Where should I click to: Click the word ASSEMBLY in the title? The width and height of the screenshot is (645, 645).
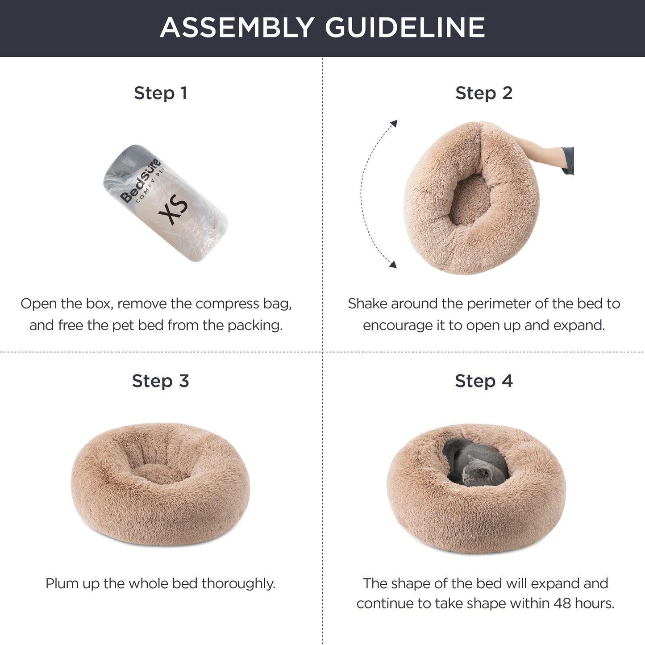[x=237, y=27]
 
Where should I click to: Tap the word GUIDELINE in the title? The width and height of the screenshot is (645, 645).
[x=405, y=27]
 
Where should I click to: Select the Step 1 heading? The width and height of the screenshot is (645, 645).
[x=160, y=93]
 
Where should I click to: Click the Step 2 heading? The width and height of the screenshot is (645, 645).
[x=484, y=93]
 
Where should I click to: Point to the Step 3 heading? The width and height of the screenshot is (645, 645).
[x=160, y=381]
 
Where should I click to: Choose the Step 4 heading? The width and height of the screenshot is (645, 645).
[x=484, y=381]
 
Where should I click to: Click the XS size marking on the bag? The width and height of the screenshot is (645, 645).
[x=174, y=211]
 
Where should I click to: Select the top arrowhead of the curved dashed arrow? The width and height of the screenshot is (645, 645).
[x=394, y=123]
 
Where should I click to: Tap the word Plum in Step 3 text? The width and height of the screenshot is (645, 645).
[x=62, y=583]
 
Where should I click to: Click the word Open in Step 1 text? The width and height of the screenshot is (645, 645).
[x=38, y=304]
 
